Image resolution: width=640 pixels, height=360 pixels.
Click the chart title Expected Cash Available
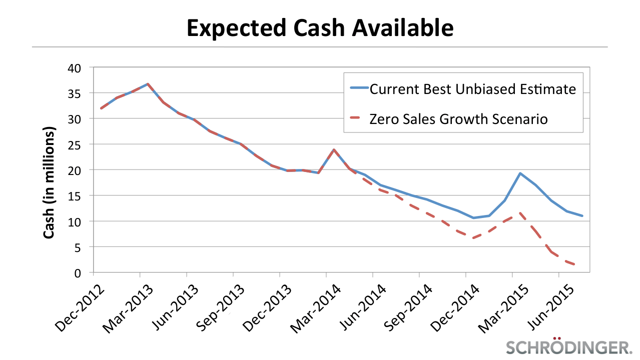click(x=320, y=28)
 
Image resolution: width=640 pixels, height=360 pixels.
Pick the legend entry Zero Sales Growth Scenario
click(x=458, y=119)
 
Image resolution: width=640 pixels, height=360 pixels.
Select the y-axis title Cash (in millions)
click(x=49, y=182)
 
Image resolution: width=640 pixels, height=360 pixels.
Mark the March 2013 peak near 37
click(x=148, y=84)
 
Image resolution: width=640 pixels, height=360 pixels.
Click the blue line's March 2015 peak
click(x=520, y=173)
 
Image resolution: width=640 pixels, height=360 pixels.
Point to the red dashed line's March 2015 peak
click(x=520, y=213)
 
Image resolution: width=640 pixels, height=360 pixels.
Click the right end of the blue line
click(x=582, y=216)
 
